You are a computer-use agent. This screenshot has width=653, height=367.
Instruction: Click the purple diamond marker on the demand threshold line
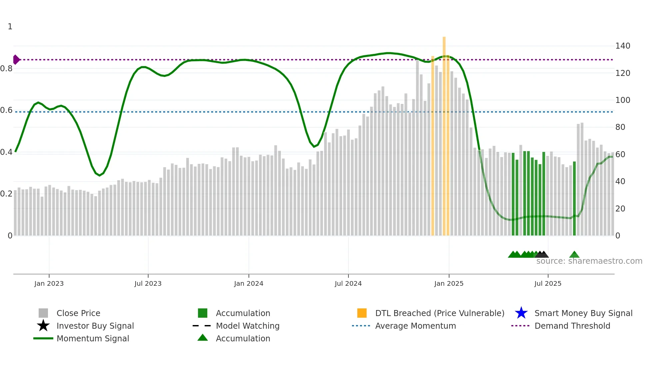click(16, 60)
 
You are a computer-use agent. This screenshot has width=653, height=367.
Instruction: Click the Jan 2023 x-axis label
click(49, 283)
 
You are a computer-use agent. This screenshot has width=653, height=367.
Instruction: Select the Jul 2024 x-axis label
click(348, 283)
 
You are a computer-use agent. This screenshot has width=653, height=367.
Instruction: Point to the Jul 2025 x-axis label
click(548, 283)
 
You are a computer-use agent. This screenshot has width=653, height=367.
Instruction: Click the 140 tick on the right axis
click(622, 46)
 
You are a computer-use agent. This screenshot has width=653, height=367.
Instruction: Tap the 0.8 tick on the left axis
click(7, 69)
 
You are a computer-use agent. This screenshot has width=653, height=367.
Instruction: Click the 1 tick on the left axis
click(10, 27)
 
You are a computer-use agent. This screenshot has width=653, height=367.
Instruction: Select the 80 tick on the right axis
click(620, 127)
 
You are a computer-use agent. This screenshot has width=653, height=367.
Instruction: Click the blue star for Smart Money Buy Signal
click(521, 313)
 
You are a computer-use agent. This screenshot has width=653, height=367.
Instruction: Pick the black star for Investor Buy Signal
click(43, 326)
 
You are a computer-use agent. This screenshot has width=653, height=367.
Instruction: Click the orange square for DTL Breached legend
click(362, 313)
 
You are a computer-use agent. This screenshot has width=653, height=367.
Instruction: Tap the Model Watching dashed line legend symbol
click(202, 326)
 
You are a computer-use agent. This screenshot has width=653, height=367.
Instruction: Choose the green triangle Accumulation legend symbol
click(203, 338)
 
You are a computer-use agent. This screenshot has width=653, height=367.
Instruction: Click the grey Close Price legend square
click(43, 313)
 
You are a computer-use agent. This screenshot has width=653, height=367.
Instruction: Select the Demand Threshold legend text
click(572, 326)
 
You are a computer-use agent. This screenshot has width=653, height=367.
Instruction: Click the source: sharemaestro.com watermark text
click(589, 261)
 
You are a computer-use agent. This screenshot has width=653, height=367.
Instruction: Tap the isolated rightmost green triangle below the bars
click(574, 255)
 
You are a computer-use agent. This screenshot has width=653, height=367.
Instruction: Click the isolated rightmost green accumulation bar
click(574, 198)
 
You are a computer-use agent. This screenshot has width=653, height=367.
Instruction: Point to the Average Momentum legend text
click(415, 326)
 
